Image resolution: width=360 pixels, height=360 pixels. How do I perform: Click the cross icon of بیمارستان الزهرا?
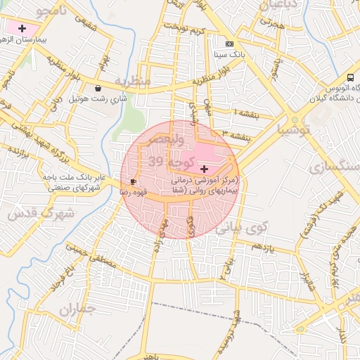(x=22, y=29)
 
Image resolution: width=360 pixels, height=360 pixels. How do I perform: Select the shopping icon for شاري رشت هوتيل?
(x=97, y=89)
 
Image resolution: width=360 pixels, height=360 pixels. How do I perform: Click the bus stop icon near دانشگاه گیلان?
(x=350, y=77)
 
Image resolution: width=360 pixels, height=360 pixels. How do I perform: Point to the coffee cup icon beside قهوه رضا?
(x=133, y=182)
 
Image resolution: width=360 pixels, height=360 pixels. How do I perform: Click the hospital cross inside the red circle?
(x=204, y=169)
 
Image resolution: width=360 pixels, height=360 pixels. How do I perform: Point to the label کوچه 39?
(x=166, y=162)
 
